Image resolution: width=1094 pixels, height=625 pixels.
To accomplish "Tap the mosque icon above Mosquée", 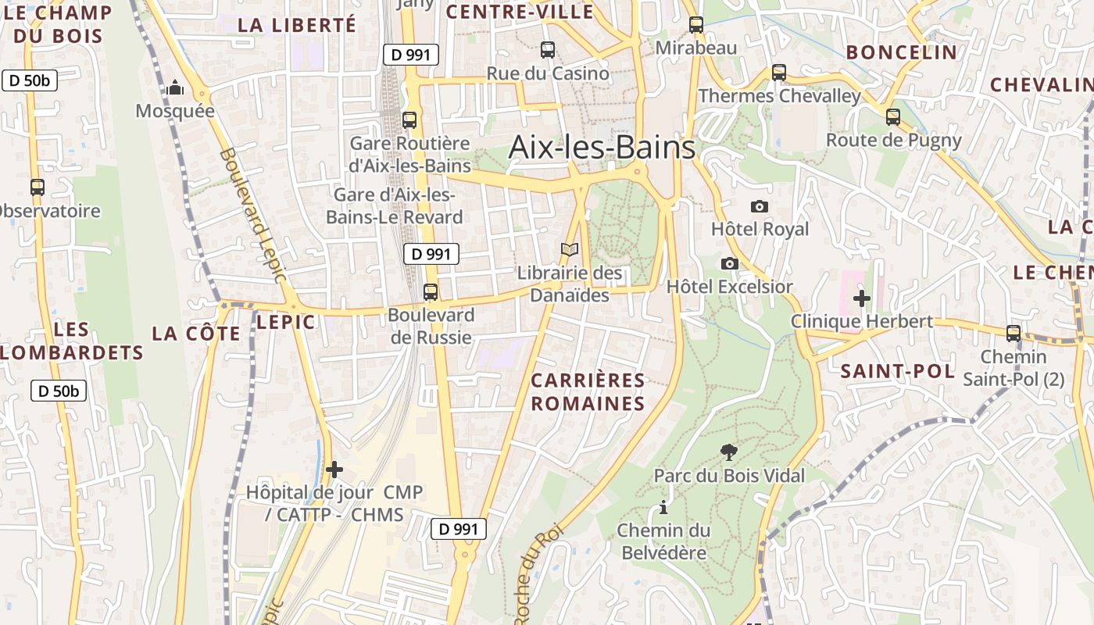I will [176, 87].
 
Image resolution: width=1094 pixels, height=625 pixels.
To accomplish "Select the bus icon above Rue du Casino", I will [548, 50].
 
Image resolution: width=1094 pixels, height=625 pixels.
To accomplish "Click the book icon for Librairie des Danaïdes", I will [570, 250].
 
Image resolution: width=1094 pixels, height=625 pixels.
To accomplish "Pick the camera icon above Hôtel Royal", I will [759, 207].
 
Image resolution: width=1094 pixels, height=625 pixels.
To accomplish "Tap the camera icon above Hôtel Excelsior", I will [730, 264].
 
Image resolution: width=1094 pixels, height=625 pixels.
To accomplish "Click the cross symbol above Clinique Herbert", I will [862, 298].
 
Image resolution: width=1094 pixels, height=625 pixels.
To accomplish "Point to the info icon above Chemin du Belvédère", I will [663, 508].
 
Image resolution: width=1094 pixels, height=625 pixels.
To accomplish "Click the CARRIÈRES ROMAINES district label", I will [588, 392].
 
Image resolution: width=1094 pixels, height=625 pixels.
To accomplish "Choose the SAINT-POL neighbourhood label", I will [898, 371].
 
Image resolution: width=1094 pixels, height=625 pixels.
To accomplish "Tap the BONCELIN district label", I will [902, 52].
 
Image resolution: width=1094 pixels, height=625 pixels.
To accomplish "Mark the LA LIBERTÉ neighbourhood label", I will [297, 25].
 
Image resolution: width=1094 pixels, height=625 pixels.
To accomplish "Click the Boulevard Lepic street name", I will [254, 215].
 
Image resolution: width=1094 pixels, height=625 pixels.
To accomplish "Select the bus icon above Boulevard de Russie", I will [431, 292].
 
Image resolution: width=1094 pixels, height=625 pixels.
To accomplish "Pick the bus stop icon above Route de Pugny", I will [893, 117].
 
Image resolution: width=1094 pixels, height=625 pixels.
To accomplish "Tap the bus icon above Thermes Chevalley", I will [779, 73].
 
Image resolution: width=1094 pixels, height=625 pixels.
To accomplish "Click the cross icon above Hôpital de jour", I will [334, 470].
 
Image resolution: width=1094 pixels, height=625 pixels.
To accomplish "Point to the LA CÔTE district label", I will [196, 334].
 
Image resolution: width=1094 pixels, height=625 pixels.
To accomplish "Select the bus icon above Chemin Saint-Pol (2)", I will [1014, 334].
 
